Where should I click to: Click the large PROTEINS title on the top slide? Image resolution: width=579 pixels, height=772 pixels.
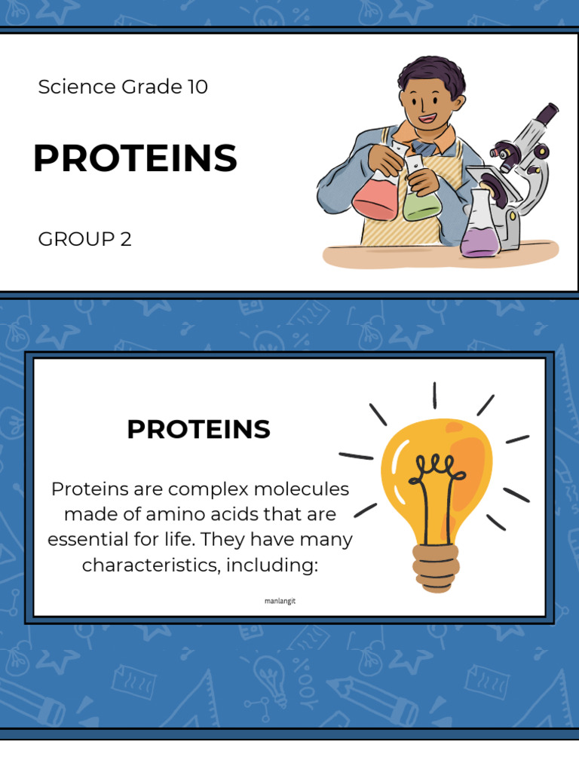coord(135,159)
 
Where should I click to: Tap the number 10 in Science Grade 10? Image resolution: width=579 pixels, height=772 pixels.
coord(198,87)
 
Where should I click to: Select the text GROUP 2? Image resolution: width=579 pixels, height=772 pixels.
coord(84,240)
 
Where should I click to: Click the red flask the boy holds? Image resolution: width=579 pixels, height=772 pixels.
coord(375,198)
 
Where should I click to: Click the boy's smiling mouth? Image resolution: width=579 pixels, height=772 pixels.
coord(427,118)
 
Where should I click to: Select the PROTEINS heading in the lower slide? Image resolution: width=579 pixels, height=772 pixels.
coord(198,430)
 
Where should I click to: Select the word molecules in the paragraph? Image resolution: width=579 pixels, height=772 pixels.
coord(301,489)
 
